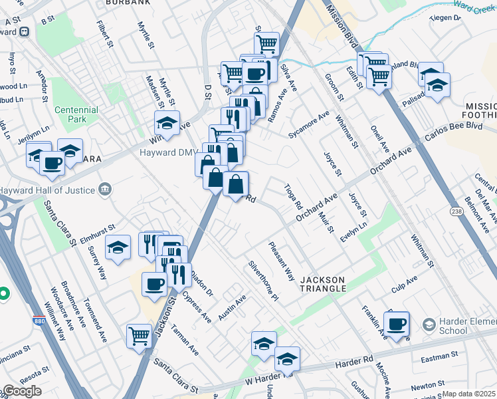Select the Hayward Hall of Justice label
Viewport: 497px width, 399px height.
[50, 190]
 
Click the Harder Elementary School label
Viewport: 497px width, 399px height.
[462, 325]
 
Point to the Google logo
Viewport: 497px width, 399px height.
[21, 391]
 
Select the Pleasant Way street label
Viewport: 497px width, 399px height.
[282, 261]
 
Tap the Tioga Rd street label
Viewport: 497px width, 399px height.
[293, 197]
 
